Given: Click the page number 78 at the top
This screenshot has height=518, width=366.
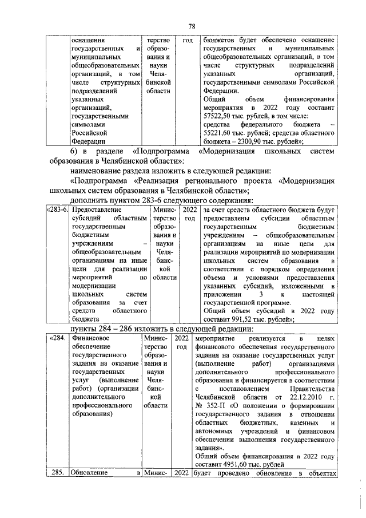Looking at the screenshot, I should (193, 26).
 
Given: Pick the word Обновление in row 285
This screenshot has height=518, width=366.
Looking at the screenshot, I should (90, 473).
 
